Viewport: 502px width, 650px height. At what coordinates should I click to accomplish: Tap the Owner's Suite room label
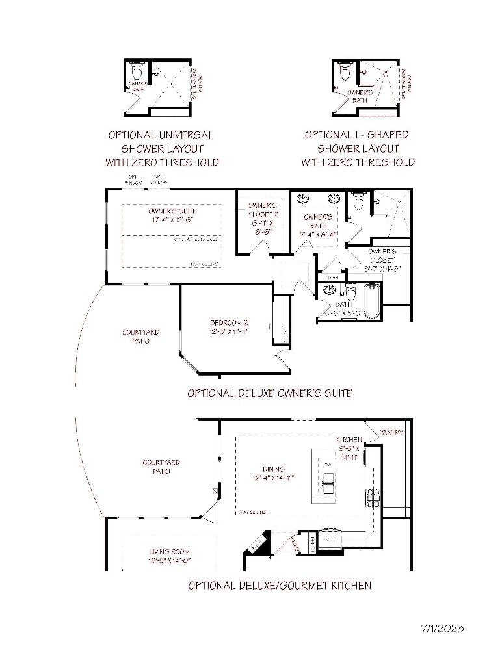(x=172, y=211)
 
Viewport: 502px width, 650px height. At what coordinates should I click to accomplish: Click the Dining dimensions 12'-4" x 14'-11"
(x=274, y=478)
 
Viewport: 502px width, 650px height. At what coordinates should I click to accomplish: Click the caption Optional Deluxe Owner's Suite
(x=270, y=393)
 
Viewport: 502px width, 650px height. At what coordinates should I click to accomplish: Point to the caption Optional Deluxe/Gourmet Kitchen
(x=280, y=586)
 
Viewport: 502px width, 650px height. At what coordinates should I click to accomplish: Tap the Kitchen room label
(x=349, y=440)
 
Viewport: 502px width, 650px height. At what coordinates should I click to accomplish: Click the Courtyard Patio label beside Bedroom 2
(x=140, y=336)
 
